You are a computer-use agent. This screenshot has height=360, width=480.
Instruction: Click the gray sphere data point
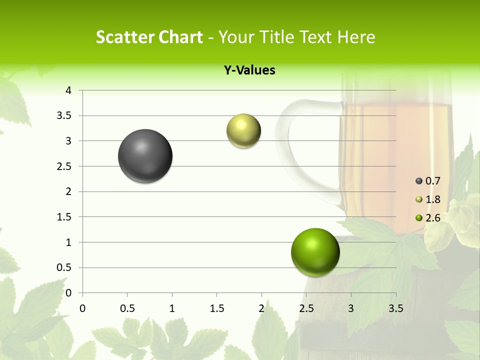click(145, 156)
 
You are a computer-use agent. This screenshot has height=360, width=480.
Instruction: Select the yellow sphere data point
click(243, 131)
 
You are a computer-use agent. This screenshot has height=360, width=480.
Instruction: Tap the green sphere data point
click(315, 252)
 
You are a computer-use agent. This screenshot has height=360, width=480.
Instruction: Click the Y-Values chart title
click(249, 70)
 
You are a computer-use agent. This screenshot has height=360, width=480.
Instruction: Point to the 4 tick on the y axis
click(68, 90)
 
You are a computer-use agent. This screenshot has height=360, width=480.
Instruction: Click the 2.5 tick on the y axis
click(63, 166)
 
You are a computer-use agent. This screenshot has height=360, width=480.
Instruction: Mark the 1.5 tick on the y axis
click(63, 217)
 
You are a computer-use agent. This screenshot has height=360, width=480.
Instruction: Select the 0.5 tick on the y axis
click(63, 268)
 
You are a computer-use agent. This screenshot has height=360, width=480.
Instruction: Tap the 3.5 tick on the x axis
click(395, 308)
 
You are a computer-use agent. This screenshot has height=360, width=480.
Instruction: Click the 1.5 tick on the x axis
click(216, 308)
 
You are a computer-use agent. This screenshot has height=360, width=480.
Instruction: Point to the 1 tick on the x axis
click(172, 308)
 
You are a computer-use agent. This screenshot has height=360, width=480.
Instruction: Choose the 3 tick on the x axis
click(351, 308)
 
